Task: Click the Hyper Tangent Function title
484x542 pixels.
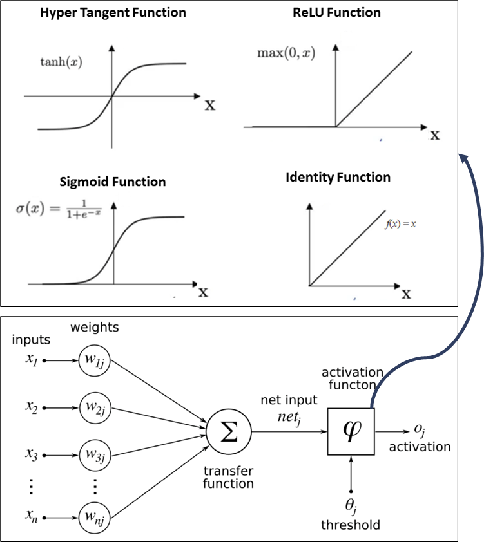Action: (113, 12)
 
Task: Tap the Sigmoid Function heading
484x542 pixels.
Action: (113, 182)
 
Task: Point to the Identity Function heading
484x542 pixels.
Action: (338, 176)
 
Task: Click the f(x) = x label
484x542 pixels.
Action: (400, 224)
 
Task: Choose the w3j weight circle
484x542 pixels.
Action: (95, 456)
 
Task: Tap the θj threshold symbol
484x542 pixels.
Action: (351, 506)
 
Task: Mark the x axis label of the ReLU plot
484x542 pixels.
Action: (435, 135)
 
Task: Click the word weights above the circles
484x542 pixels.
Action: (95, 328)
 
